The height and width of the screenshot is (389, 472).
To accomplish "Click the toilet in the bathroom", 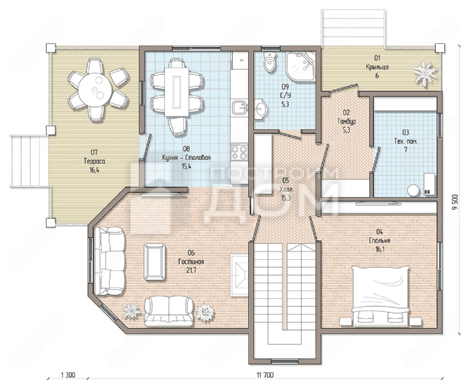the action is click(x=270, y=62).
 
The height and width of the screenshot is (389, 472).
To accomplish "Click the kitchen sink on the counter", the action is click(x=239, y=108).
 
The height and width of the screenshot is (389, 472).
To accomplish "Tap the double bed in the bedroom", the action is click(x=380, y=296).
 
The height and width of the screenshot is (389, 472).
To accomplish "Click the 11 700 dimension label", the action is click(x=265, y=375).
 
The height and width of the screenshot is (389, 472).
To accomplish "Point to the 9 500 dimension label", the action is click(x=455, y=202).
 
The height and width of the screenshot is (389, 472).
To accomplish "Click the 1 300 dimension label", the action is click(x=68, y=375).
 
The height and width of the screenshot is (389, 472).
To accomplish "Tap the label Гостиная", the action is click(x=191, y=262).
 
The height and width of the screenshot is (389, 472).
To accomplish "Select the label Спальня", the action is click(x=380, y=240).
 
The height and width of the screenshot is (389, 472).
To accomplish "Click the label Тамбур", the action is click(x=346, y=121).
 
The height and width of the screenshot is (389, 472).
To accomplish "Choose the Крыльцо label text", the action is click(x=377, y=67).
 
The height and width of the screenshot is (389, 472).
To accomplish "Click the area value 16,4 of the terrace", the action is click(x=94, y=170).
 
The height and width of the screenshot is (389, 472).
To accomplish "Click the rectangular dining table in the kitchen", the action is click(x=177, y=92).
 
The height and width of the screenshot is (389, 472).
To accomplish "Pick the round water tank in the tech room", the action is click(x=413, y=190).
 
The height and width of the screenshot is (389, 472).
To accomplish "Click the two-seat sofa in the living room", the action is click(x=169, y=312).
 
